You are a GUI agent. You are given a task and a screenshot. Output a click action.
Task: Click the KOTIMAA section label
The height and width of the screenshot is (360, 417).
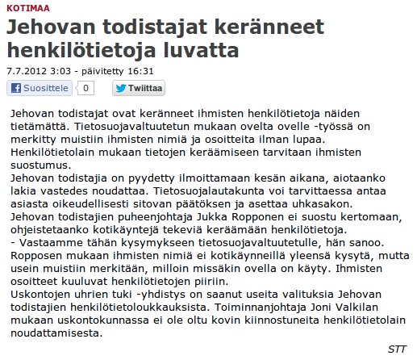pyautogui.click(x=24, y=6)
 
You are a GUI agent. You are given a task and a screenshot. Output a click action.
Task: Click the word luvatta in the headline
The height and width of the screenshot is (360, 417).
pyautogui.click(x=200, y=52)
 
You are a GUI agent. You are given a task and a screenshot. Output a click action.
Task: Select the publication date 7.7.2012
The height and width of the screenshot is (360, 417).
pyautogui.click(x=25, y=71)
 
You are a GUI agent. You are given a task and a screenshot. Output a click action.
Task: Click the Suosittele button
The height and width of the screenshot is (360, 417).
pyautogui.click(x=41, y=88)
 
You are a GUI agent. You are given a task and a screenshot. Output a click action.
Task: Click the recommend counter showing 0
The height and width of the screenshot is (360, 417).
pyautogui.click(x=86, y=88)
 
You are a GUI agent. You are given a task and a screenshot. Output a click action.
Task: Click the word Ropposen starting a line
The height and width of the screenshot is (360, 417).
pyautogui.click(x=46, y=254)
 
